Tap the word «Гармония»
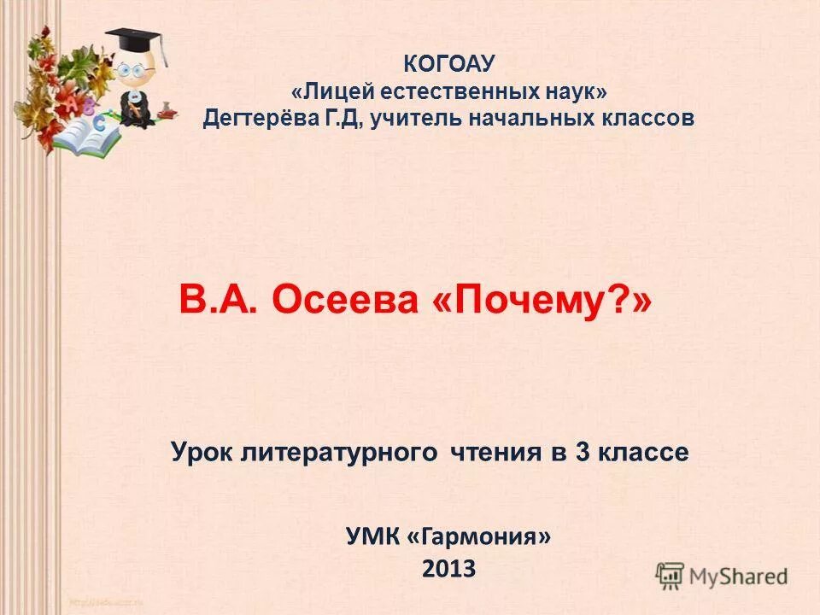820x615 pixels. pyautogui.click(x=479, y=536)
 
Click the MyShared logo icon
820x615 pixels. pyautogui.click(x=671, y=576)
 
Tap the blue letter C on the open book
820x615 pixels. pyautogui.click(x=100, y=123)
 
